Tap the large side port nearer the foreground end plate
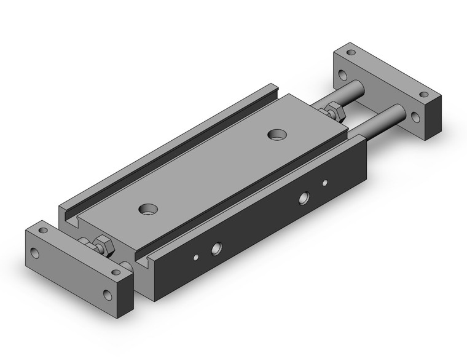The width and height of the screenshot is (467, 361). pyautogui.click(x=216, y=249)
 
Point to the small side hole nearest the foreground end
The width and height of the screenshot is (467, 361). pyautogui.click(x=196, y=258)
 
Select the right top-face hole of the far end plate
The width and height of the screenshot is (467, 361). pyautogui.click(x=424, y=95)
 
